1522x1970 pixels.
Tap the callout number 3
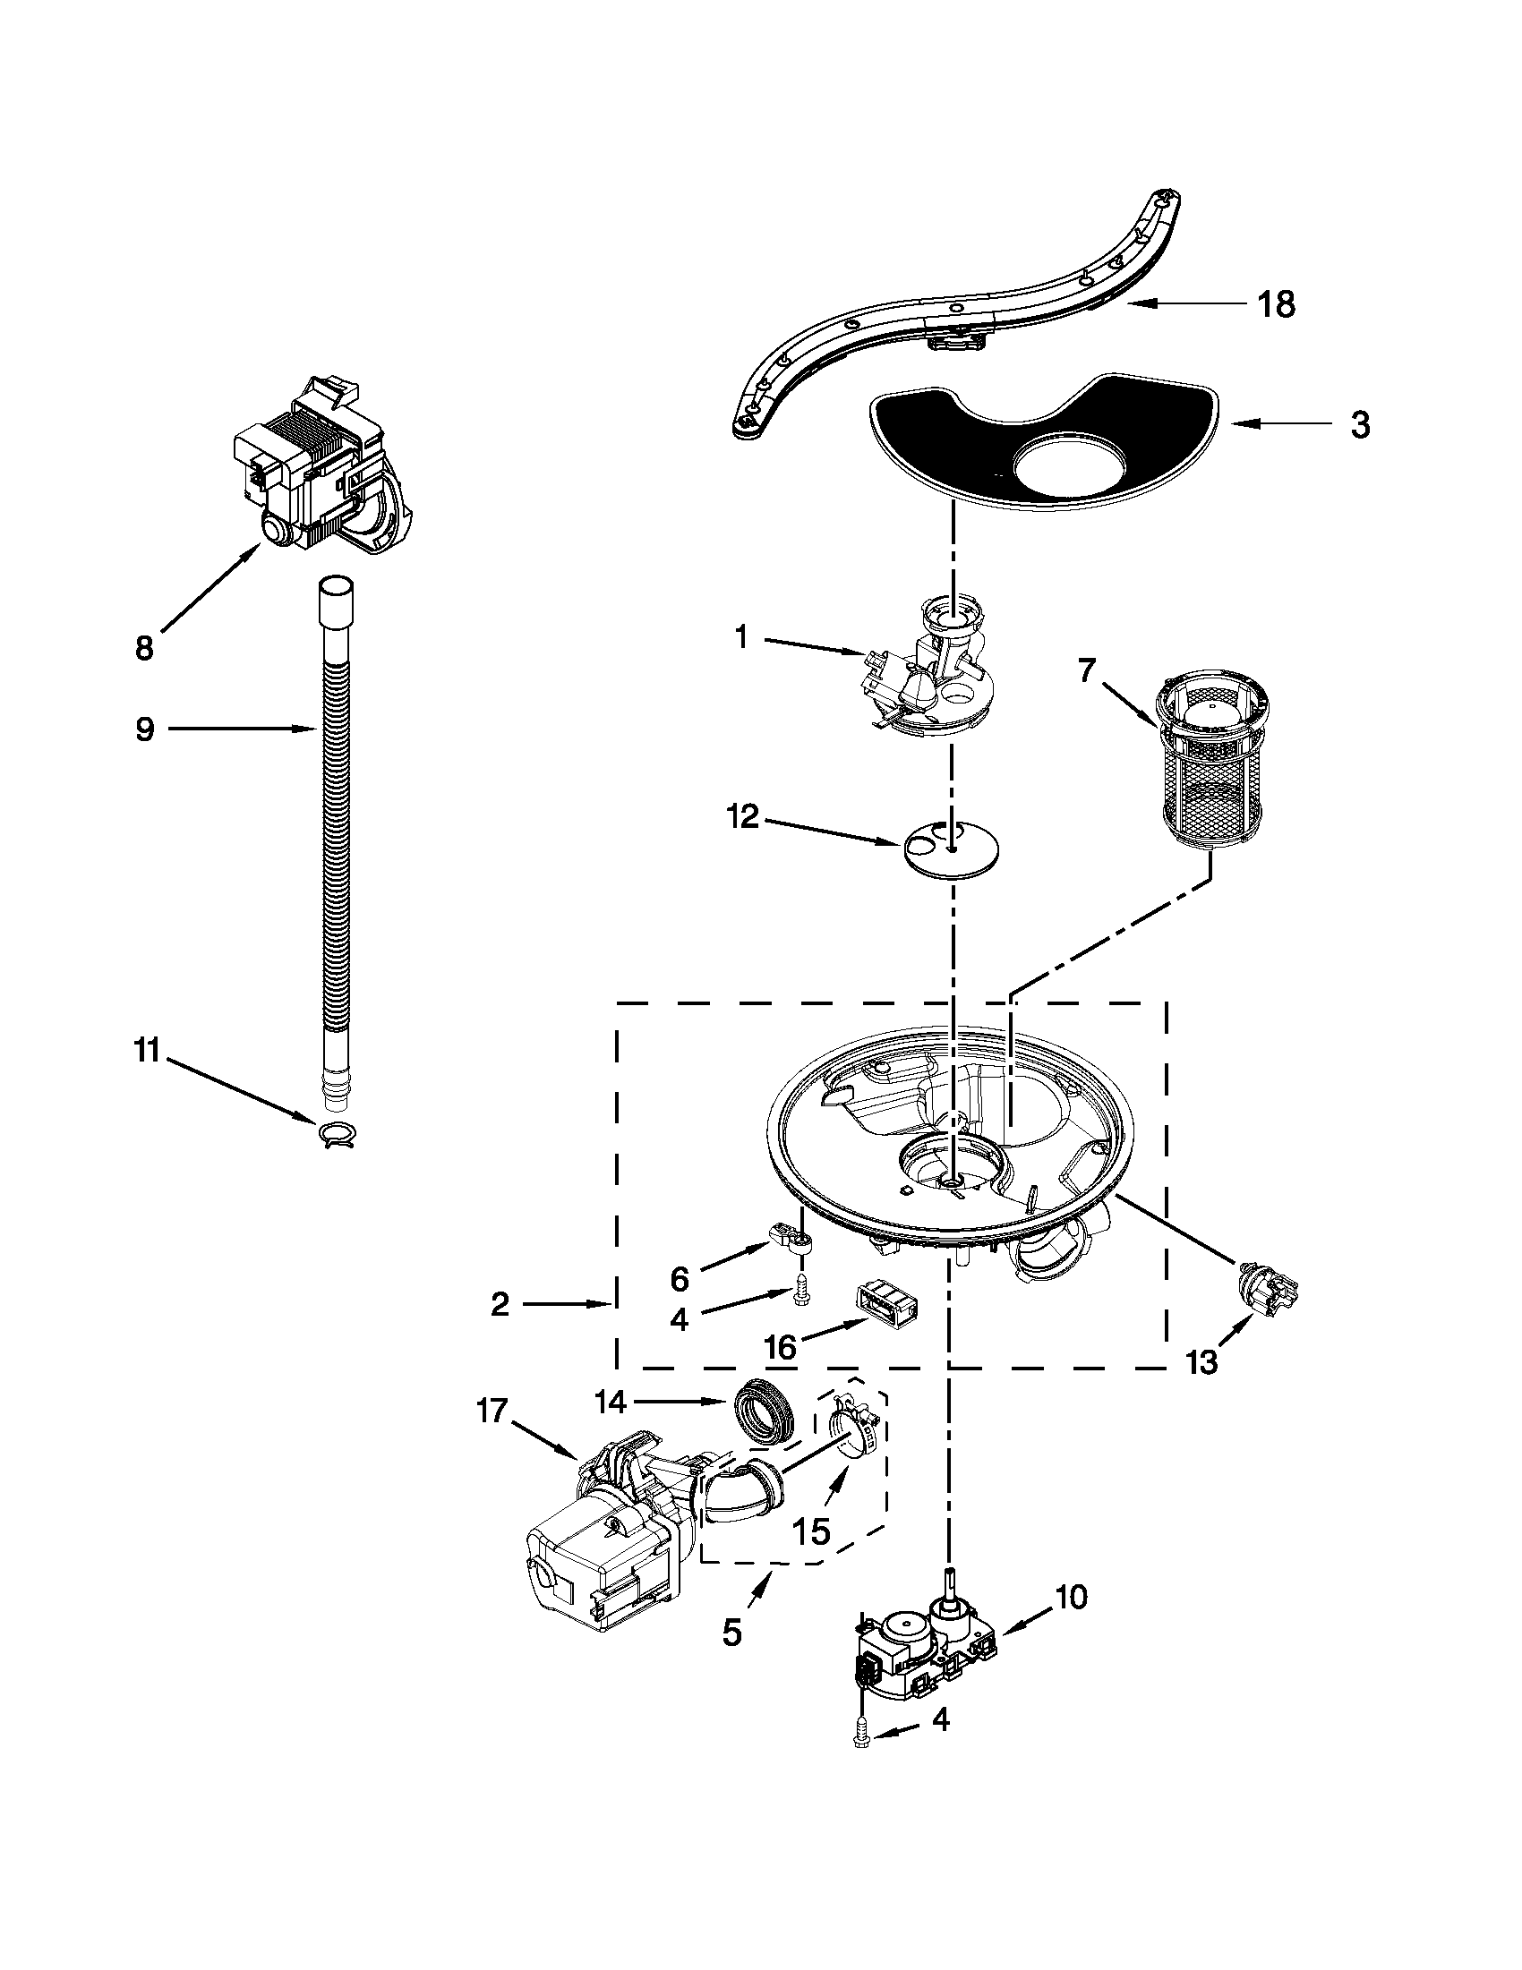pyautogui.click(x=1360, y=424)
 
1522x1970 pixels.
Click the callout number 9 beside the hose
pyautogui.click(x=144, y=729)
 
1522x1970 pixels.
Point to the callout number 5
pyautogui.click(x=731, y=1631)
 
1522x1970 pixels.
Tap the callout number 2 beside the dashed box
pyautogui.click(x=500, y=1303)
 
